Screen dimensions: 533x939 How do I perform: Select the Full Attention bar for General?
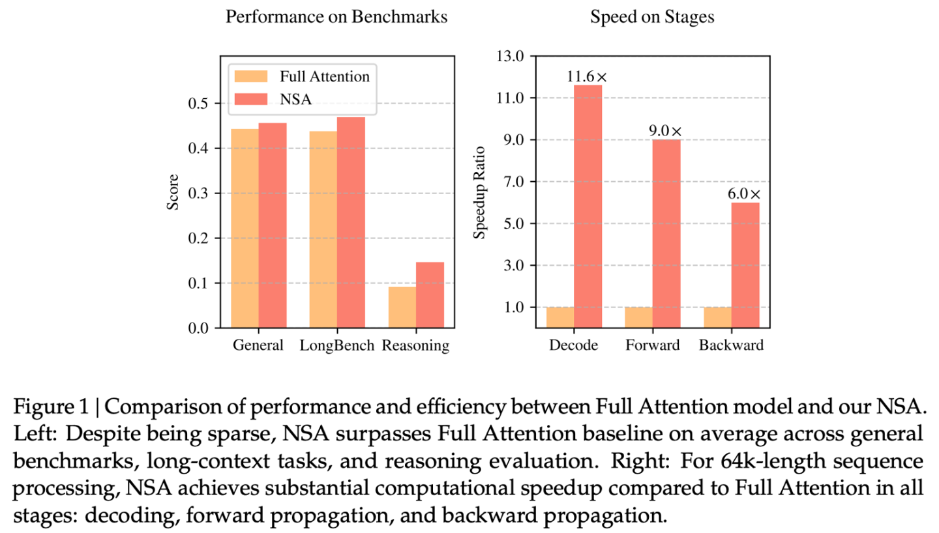pyautogui.click(x=245, y=228)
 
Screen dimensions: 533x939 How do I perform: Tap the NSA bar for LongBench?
pyautogui.click(x=351, y=222)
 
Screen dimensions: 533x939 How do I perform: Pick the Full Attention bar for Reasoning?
pyautogui.click(x=402, y=307)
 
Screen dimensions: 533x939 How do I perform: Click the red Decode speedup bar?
pyautogui.click(x=588, y=206)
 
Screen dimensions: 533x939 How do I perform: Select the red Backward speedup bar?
pyautogui.click(x=745, y=265)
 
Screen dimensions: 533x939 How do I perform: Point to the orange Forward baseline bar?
pyautogui.click(x=639, y=317)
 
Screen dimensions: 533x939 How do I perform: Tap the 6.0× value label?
pyautogui.click(x=745, y=194)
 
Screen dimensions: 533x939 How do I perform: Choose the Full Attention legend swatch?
pyautogui.click(x=252, y=76)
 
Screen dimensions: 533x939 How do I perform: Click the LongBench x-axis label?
pyautogui.click(x=337, y=345)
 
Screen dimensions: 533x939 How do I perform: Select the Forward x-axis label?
pyautogui.click(x=652, y=345)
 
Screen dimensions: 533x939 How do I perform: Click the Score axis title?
pyautogui.click(x=173, y=194)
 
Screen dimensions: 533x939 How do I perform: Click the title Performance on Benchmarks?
pyautogui.click(x=336, y=17)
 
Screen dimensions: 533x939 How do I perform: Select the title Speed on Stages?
pyautogui.click(x=652, y=17)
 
